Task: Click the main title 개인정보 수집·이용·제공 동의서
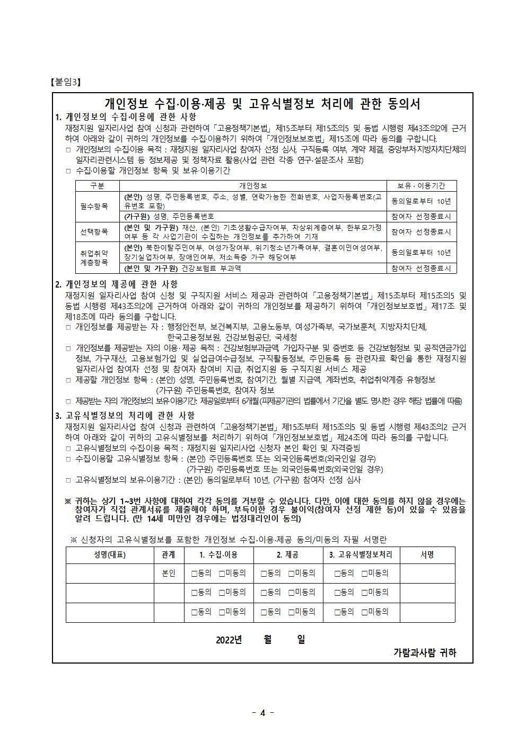[262, 104]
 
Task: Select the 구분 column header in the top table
[98, 186]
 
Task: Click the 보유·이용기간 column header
[422, 186]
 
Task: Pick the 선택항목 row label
[98, 231]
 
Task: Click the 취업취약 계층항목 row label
[98, 257]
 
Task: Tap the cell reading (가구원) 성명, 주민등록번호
[170, 217]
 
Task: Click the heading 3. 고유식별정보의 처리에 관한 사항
[125, 416]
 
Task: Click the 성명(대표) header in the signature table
[110, 555]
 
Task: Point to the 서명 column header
[427, 555]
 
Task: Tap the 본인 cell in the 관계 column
[168, 573]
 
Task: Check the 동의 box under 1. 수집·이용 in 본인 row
[194, 573]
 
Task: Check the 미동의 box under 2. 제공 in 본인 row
[291, 573]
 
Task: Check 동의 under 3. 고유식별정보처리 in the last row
[337, 612]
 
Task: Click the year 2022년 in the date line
[229, 640]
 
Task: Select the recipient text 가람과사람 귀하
[425, 652]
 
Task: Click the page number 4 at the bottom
[262, 713]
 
